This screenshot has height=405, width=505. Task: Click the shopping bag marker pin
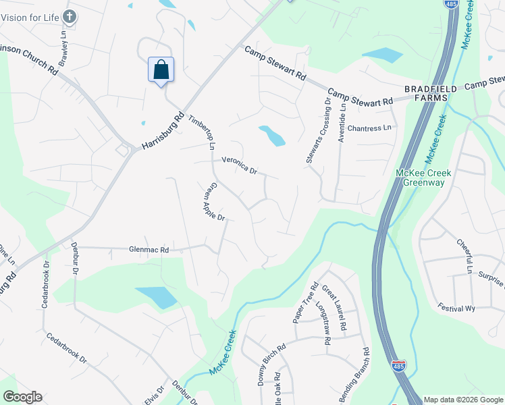point(161,70)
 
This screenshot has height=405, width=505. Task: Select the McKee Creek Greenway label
point(423,178)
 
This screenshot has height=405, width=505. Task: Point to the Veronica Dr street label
point(240,166)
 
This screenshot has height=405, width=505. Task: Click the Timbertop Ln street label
point(201,131)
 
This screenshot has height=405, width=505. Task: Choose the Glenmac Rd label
point(149,250)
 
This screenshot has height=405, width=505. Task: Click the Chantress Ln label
point(369,128)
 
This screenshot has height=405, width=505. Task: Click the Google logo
point(22,397)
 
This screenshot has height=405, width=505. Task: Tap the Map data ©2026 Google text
point(462,400)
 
